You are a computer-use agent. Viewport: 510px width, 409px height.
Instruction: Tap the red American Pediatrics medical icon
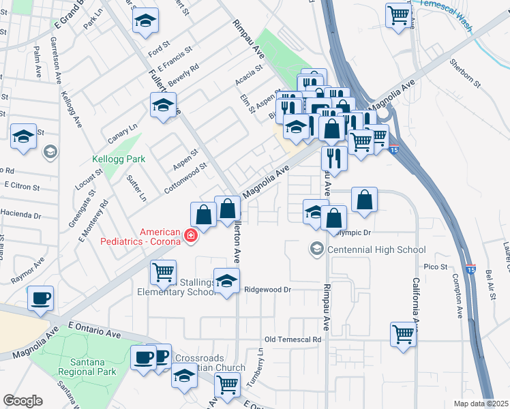191,237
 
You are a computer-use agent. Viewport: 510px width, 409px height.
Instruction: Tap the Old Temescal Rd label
292,339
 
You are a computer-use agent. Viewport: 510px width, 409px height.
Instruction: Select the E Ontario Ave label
98,331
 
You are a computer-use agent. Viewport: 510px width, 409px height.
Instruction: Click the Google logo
22,401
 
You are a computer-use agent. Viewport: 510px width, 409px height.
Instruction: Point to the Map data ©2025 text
481,404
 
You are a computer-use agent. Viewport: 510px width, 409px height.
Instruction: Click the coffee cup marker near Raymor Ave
40,298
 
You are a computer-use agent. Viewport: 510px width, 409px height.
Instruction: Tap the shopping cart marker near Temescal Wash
398,14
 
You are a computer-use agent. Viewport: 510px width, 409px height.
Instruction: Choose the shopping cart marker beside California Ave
403,334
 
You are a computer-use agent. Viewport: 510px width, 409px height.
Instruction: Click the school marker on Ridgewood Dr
226,280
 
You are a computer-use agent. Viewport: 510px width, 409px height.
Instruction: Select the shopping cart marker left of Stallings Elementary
163,273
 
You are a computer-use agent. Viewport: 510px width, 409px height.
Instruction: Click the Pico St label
435,267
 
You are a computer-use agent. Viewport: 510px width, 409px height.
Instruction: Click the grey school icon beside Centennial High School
316,249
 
